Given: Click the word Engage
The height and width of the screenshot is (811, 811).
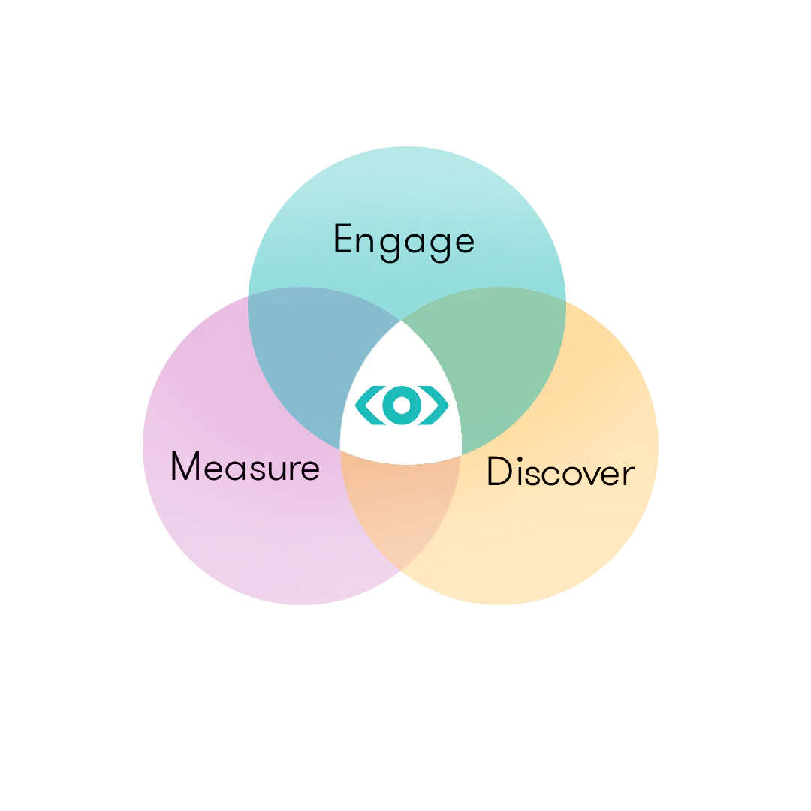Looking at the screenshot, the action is click(404, 242).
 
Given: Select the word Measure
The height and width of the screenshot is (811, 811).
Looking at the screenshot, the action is click(245, 466).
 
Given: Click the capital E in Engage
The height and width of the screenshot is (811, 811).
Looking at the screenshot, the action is click(343, 238).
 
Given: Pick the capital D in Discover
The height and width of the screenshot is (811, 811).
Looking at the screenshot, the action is click(499, 471).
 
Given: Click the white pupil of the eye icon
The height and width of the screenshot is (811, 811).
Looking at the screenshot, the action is click(401, 405).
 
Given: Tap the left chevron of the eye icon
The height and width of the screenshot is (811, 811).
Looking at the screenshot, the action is click(369, 405).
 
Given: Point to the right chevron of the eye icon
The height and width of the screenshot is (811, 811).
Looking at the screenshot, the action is click(433, 405).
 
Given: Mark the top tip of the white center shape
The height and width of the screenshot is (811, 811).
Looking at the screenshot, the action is click(401, 321).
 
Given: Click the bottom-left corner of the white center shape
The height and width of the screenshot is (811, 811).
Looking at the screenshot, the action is click(340, 450).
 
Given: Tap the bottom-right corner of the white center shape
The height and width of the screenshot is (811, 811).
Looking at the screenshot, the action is click(461, 455).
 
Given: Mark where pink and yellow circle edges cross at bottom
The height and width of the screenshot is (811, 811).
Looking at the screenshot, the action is click(401, 570).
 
